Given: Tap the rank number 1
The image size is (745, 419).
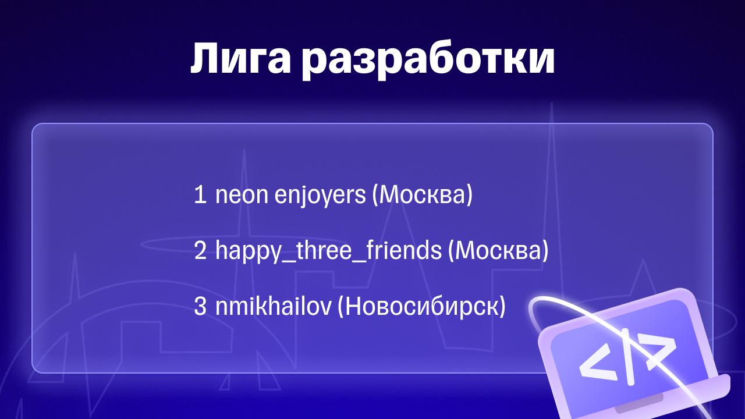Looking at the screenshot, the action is pos(200,195).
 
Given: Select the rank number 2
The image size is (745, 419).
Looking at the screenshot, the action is pos(200,250).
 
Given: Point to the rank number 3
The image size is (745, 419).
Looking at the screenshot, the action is pos(200,306).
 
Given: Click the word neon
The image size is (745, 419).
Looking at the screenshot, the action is pos(242,196).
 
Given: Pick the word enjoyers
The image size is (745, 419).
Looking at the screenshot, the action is pos(320,196).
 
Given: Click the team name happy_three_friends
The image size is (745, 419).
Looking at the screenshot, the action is pos(329,251).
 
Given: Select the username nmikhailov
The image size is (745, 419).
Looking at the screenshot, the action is pos(274,306).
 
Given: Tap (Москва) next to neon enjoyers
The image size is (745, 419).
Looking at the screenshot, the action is pos(422,196).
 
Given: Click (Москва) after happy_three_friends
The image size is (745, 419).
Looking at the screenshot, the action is pos(498,251).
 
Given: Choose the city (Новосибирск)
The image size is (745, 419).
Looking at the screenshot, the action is pos(422,307).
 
